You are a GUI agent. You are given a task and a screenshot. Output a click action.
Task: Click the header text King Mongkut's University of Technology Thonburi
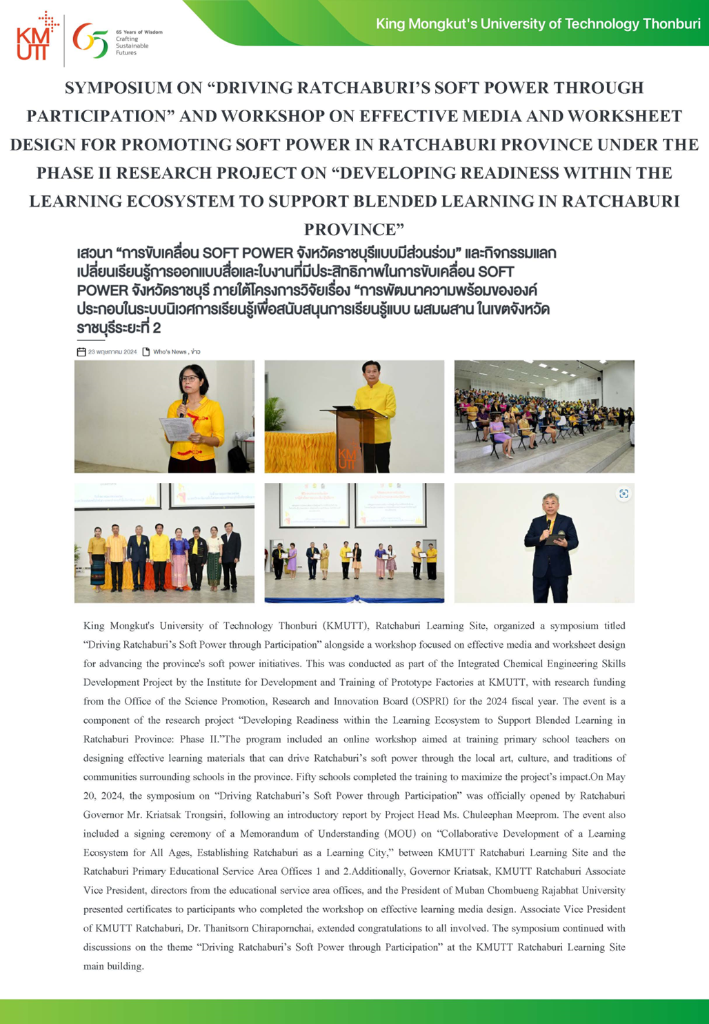point(538,24)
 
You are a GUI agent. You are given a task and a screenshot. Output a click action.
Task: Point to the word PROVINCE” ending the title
point(354,229)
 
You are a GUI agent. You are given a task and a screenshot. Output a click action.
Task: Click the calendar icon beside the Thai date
point(81,352)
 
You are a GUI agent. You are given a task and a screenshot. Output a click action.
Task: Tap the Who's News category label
point(170,352)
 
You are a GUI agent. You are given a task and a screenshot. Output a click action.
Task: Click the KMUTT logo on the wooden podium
point(348,457)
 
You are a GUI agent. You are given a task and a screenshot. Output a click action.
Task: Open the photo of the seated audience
point(544,416)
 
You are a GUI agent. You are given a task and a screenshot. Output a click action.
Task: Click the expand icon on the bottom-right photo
point(623,494)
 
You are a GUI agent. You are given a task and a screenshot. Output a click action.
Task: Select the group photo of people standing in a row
point(164,543)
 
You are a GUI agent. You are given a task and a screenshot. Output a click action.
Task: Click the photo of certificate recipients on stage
point(354,543)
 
